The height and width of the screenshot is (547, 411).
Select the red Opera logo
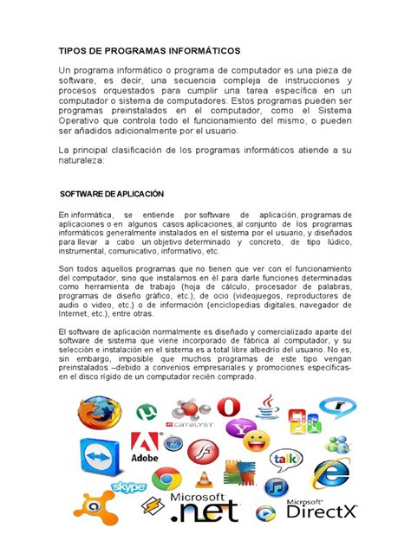coord(229,407)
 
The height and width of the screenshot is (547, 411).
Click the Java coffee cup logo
coord(267,407)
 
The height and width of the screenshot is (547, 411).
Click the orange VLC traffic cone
coord(204,479)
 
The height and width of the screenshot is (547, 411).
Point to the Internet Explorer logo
coord(331,472)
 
